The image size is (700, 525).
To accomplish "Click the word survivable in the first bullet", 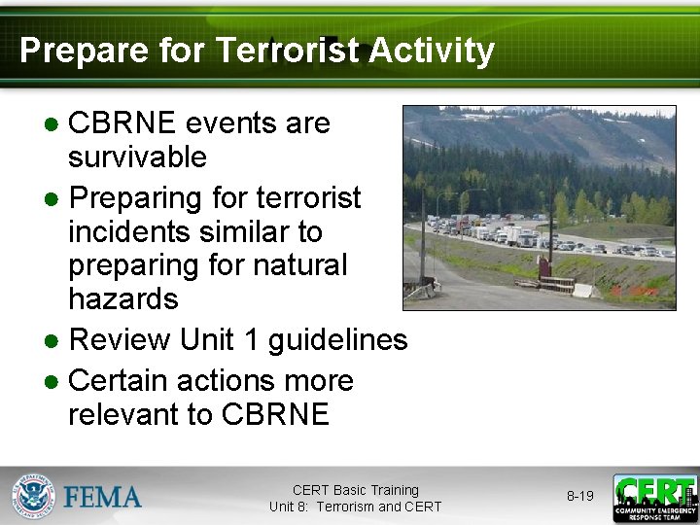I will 137,157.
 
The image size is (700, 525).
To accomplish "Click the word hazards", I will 123,298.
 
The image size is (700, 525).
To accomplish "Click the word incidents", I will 133,232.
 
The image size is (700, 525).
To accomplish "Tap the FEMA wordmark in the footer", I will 103,498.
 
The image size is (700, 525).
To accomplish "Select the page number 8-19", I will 579,497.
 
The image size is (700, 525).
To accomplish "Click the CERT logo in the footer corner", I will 654,498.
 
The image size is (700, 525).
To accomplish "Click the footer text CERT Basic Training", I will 355,490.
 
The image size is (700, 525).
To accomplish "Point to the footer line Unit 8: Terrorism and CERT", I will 355,507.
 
